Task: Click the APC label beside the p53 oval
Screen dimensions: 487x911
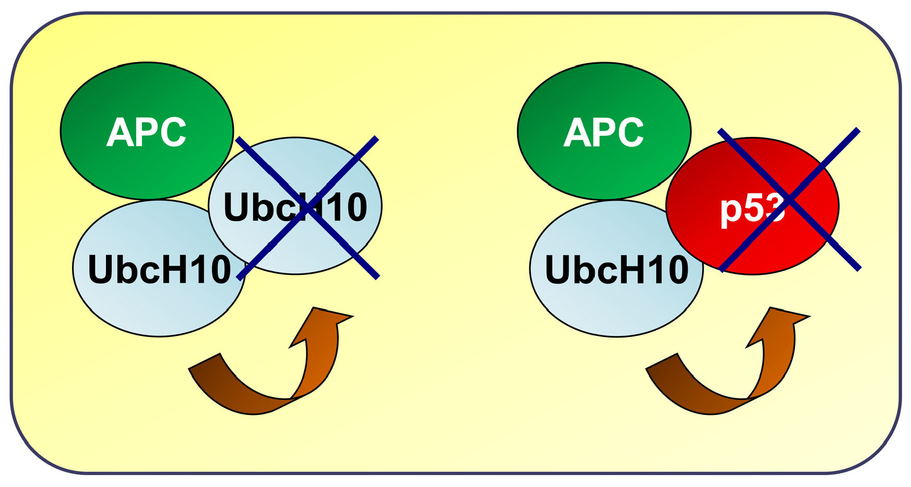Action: (604, 132)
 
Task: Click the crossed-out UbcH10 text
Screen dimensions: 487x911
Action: (295, 207)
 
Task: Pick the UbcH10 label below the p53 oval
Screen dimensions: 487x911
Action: (617, 270)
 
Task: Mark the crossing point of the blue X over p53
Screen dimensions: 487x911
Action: (789, 200)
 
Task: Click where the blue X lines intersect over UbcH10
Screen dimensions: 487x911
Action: (307, 207)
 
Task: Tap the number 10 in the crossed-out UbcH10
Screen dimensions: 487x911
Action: (347, 207)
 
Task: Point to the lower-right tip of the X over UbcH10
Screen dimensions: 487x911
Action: (377, 277)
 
